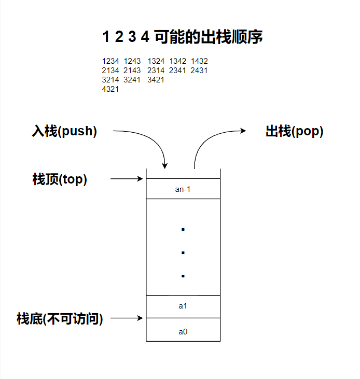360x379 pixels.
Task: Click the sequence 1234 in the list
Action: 110,61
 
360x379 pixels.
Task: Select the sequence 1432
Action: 199,61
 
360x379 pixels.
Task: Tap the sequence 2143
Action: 132,71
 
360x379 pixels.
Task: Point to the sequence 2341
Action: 177,71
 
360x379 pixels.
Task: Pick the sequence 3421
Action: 156,80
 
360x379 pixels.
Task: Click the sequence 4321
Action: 110,89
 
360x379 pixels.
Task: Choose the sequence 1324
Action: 156,61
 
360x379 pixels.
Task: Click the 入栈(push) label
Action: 64,131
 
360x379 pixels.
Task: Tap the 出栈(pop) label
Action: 295,131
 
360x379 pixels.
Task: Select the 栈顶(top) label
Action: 60,179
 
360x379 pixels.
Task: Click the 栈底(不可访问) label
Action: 60,318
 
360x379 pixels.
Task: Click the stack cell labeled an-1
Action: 183,189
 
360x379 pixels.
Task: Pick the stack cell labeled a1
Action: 183,306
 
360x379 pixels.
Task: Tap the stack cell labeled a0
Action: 183,330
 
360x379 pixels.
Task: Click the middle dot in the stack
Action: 183,253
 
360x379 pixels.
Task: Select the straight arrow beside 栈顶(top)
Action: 127,179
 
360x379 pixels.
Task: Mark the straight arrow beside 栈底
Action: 127,318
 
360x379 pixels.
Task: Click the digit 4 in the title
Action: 145,37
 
